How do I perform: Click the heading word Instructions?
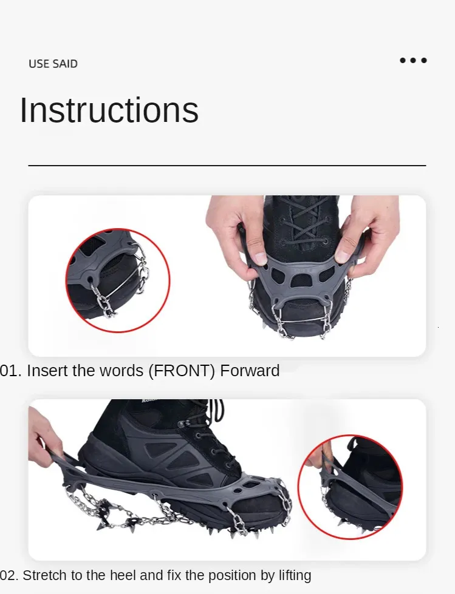[109, 110]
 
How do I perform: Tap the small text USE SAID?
[53, 64]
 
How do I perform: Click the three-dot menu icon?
[413, 60]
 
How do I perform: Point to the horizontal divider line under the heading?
[227, 166]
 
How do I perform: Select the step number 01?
[10, 371]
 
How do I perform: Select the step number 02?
[9, 575]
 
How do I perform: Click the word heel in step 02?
[123, 575]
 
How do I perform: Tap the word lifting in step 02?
[295, 576]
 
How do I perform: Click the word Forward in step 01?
[250, 371]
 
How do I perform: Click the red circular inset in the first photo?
[117, 280]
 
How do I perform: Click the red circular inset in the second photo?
[350, 487]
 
